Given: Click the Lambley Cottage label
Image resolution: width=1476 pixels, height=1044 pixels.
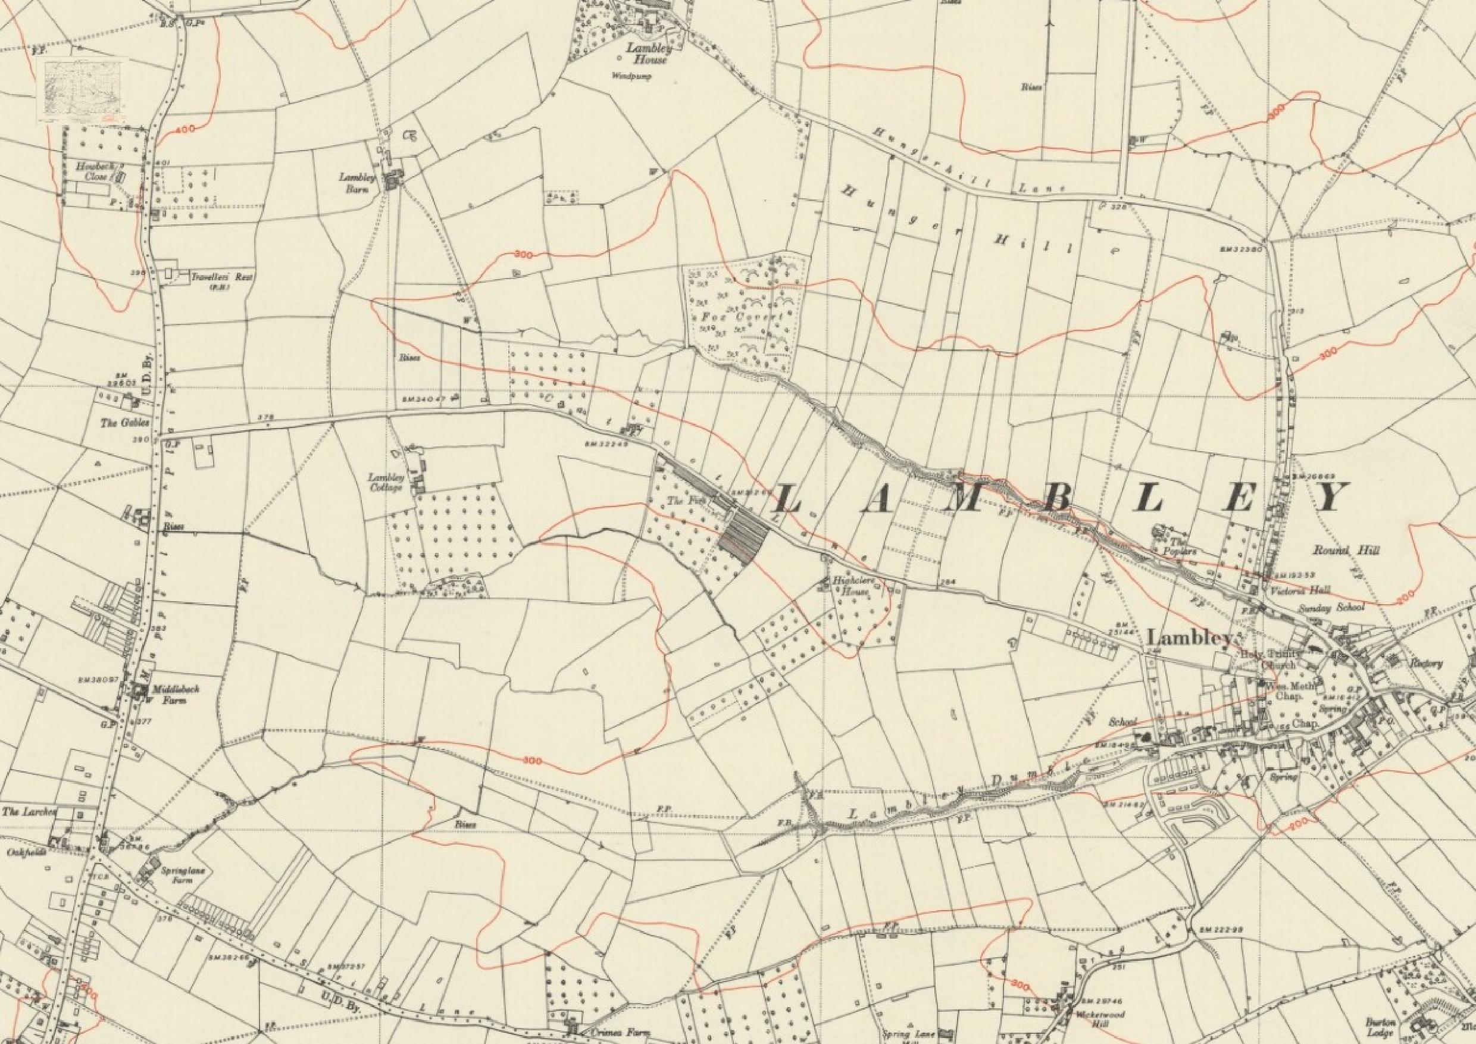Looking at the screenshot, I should point(385,483).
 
